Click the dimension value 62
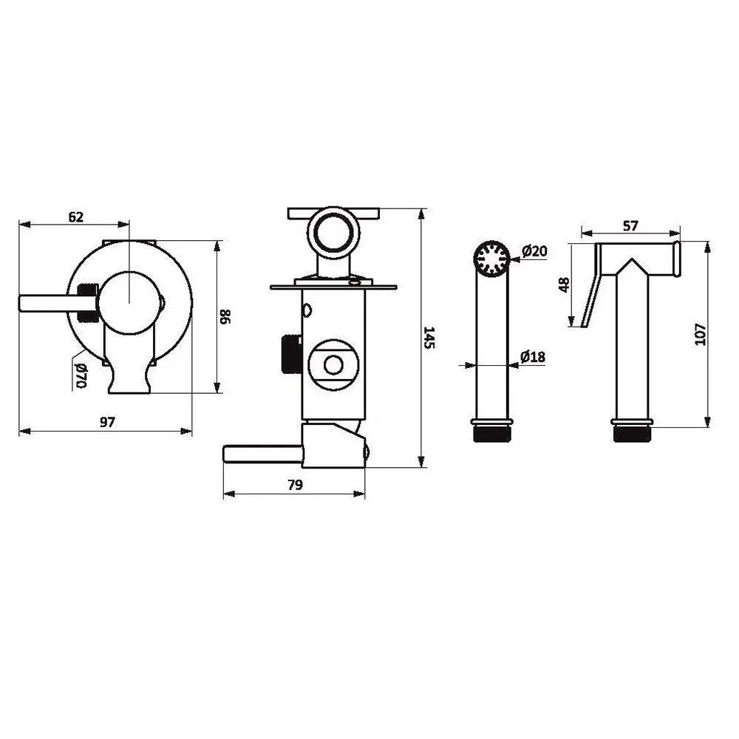(x=76, y=217)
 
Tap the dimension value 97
(x=107, y=422)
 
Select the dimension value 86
(x=225, y=316)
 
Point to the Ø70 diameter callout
(x=81, y=375)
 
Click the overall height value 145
(x=429, y=338)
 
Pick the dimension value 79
(x=295, y=485)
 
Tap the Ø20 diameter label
(x=535, y=251)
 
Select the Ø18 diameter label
(x=533, y=357)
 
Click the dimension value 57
(x=630, y=226)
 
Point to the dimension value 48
(x=564, y=285)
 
